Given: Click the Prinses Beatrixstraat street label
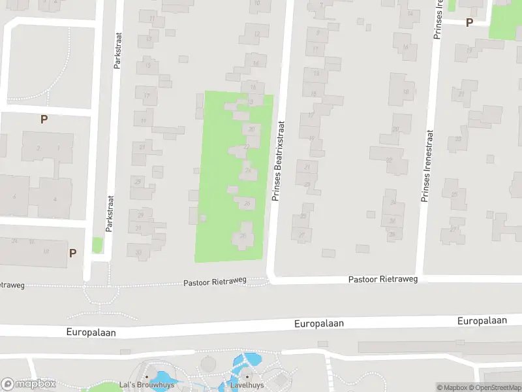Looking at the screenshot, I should [x=277, y=160].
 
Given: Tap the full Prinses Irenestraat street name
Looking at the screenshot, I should [x=428, y=157].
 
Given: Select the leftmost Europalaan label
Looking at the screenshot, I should [x=91, y=333].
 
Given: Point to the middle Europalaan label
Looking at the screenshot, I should [x=318, y=323].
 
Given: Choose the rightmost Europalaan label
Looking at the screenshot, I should [x=482, y=321].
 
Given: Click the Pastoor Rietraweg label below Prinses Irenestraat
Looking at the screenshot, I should [x=382, y=279].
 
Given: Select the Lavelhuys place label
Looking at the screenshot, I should [x=247, y=385].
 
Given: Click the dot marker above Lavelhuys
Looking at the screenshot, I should [x=247, y=376].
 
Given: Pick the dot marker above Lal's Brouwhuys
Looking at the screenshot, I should [x=147, y=377].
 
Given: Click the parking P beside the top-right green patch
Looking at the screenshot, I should [x=468, y=23].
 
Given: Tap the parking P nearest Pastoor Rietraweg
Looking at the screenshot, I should [x=73, y=253].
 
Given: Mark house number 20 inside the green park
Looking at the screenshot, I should [x=251, y=129].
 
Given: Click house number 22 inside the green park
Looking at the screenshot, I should [x=246, y=147].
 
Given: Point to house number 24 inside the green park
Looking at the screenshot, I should [x=247, y=171].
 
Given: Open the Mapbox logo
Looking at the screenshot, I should [x=29, y=384].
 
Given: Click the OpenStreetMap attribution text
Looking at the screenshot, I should [x=498, y=387].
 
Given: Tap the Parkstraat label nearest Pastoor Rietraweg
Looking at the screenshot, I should [x=109, y=214].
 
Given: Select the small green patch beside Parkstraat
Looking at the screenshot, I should [x=97, y=246].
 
